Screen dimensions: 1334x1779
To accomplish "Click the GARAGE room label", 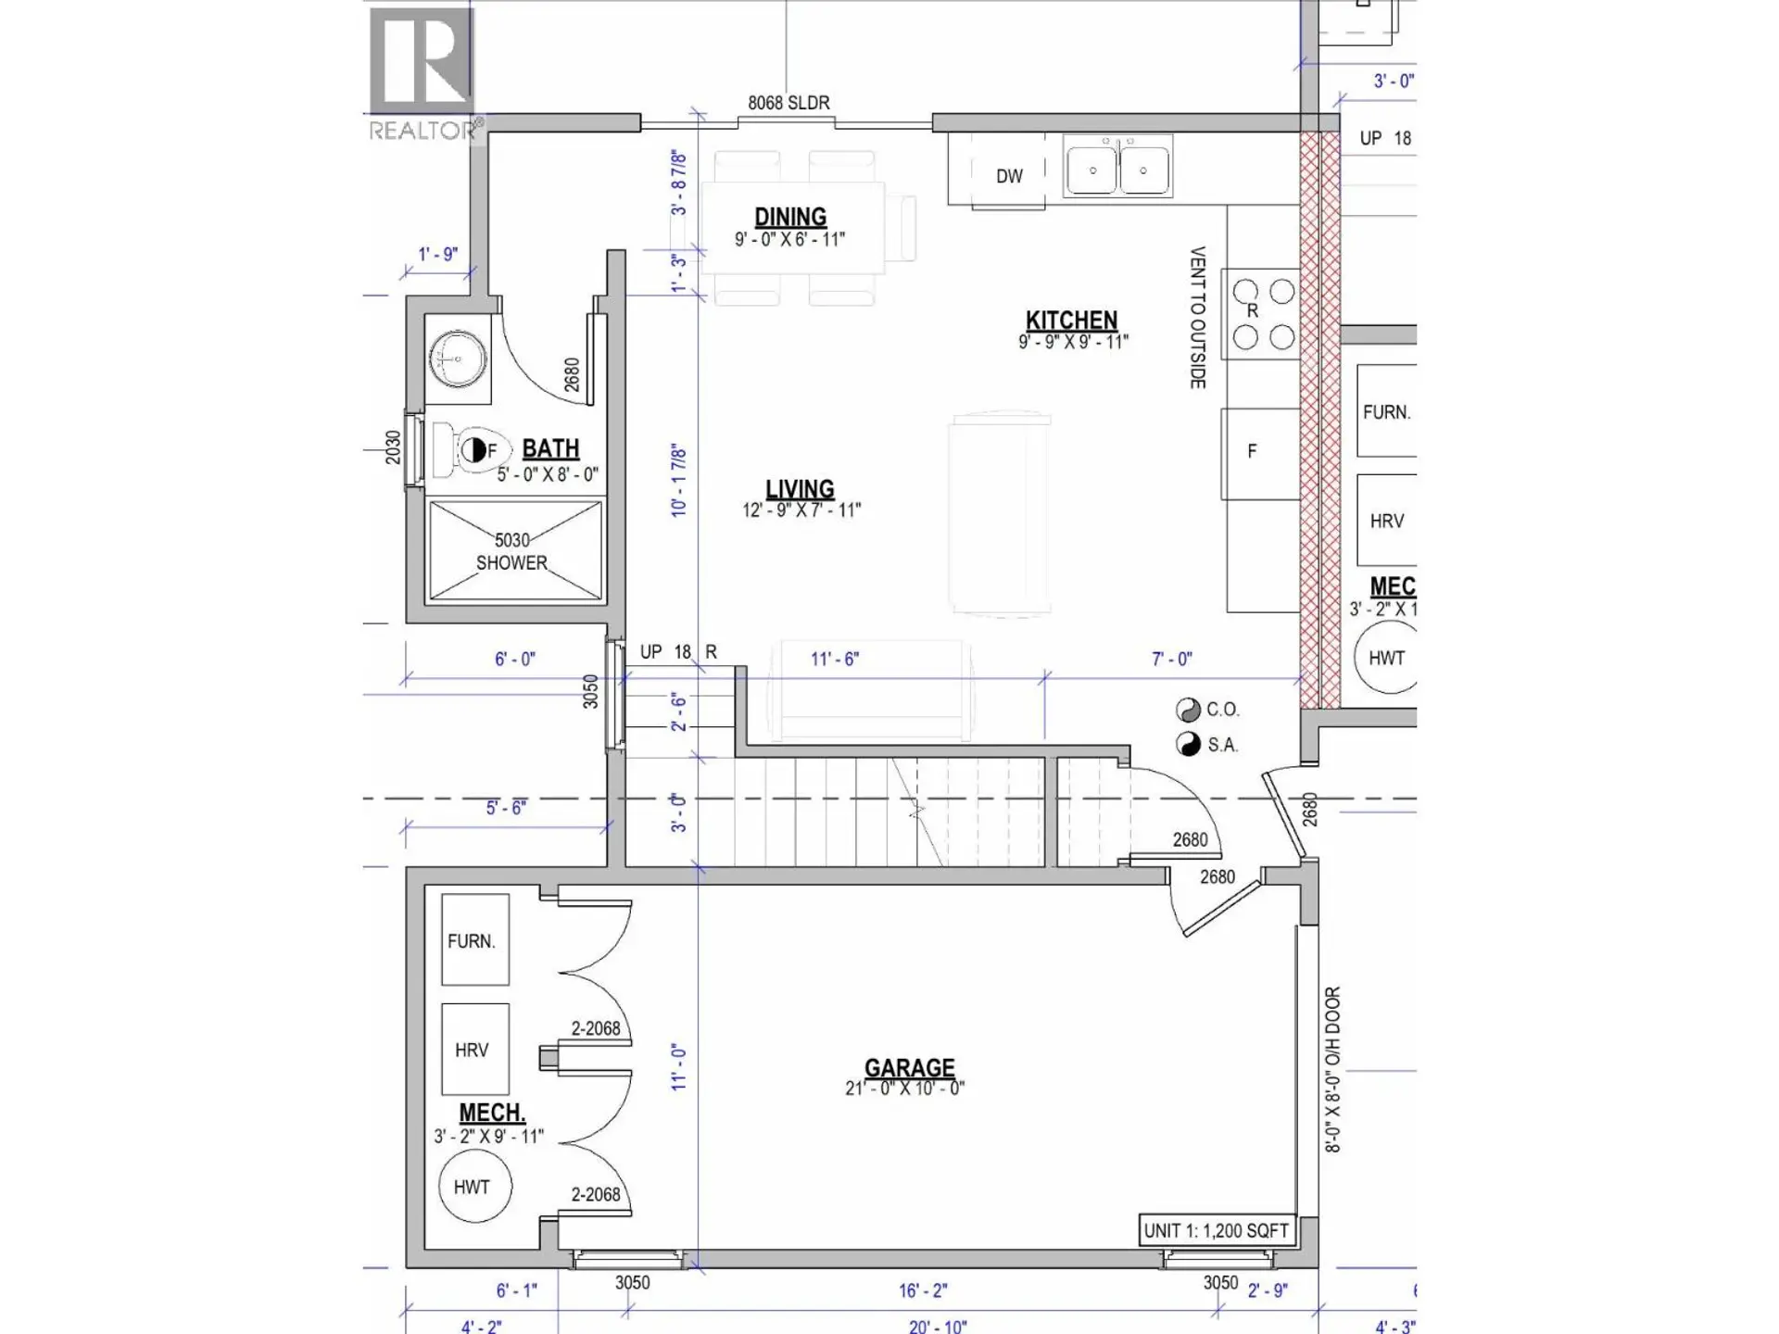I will pyautogui.click(x=909, y=1068).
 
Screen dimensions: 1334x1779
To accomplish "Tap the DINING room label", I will pyautogui.click(x=789, y=217).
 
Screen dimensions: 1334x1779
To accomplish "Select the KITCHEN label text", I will pyautogui.click(x=1071, y=321).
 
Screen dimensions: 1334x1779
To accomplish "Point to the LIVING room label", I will pyautogui.click(x=800, y=489).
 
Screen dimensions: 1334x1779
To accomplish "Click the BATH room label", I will pyautogui.click(x=550, y=448).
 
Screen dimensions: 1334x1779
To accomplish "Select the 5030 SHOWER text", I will pyautogui.click(x=511, y=551).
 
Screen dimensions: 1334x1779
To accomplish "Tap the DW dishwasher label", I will pyautogui.click(x=1009, y=176).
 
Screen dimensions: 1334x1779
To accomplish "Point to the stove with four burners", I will pyautogui.click(x=1263, y=314).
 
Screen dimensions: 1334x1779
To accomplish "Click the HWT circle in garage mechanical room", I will pyautogui.click(x=472, y=1187).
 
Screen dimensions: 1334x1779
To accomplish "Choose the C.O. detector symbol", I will pyautogui.click(x=1188, y=710).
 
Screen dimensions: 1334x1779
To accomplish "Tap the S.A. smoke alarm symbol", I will pyautogui.click(x=1188, y=744).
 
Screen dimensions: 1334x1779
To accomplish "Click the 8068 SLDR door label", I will pyautogui.click(x=789, y=103).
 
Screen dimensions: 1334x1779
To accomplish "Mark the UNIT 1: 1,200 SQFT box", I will pyautogui.click(x=1216, y=1230).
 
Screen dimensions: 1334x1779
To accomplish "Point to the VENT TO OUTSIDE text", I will pyautogui.click(x=1197, y=317).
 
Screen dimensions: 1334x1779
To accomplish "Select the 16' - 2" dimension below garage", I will pyautogui.click(x=923, y=1290).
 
